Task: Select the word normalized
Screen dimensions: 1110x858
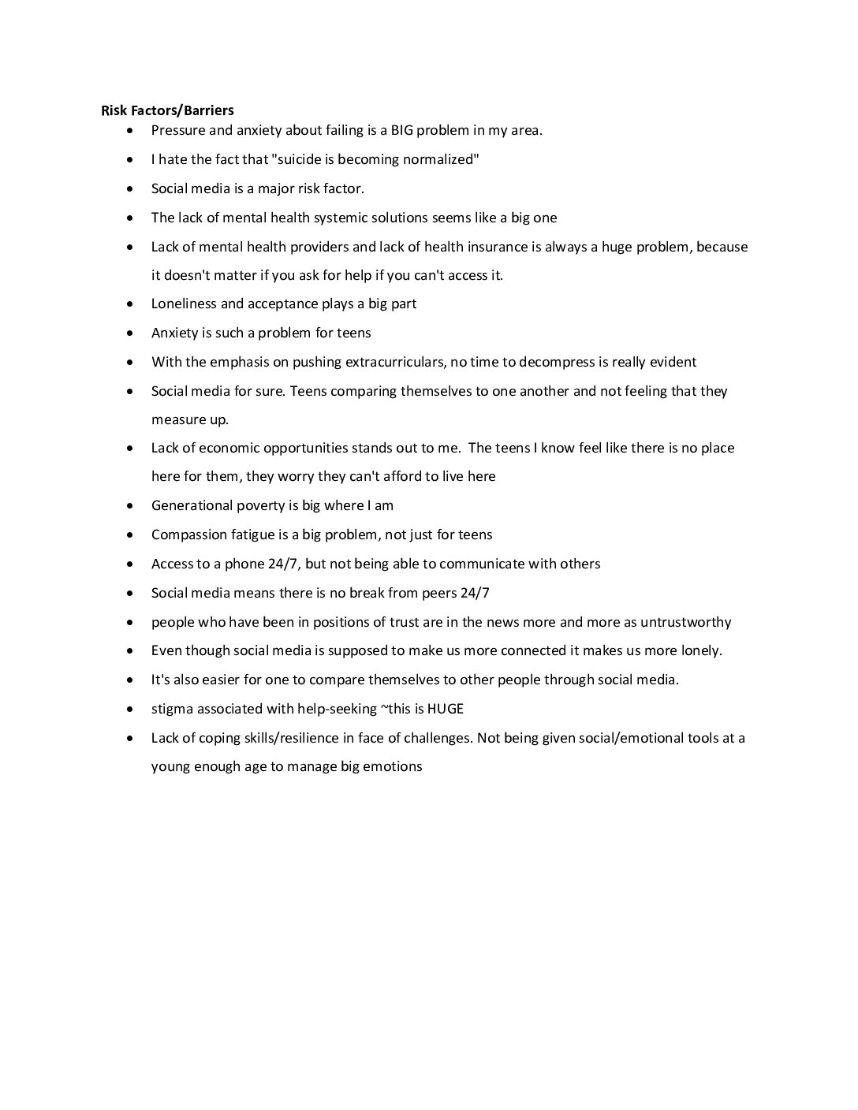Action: tap(439, 159)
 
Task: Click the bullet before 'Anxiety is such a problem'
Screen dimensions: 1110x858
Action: tap(130, 333)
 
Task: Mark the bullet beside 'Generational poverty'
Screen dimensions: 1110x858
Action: tap(130, 506)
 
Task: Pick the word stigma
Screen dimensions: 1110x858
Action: tap(172, 709)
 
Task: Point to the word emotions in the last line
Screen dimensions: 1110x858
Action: tap(393, 766)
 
